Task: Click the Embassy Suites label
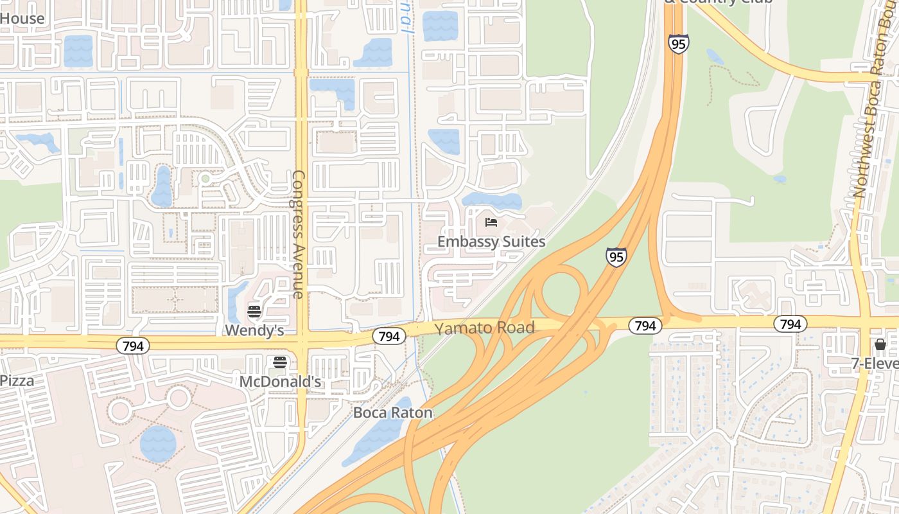491,242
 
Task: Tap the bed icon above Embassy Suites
491,223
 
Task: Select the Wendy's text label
254,330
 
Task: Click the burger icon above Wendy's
254,312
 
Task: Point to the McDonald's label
280,382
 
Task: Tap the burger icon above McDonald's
280,362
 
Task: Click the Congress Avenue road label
298,235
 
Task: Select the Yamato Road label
485,328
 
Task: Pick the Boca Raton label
393,412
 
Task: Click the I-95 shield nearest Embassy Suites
616,257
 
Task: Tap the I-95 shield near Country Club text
678,44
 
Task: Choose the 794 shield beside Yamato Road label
388,336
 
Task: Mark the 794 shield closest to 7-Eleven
790,324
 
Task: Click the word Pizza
17,380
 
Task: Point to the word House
22,18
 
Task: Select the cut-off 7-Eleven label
875,364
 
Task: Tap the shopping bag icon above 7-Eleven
880,345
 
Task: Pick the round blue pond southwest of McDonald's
158,443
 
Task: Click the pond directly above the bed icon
492,201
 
